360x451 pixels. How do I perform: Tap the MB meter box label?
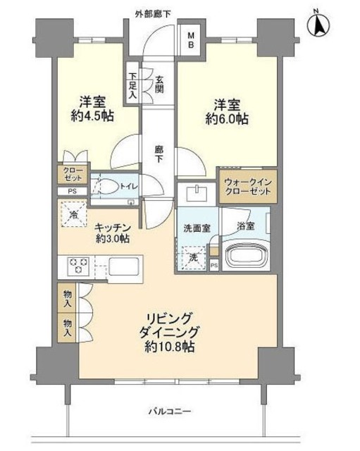[x=191, y=40]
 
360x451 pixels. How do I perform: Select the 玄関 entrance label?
[x=159, y=85]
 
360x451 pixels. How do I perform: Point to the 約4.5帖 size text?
[x=92, y=116]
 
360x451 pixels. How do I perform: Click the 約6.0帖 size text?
[x=227, y=118]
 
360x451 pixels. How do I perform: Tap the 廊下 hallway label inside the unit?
[x=159, y=154]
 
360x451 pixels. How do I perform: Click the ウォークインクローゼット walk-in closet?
[x=248, y=187]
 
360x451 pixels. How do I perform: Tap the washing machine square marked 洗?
[x=194, y=258]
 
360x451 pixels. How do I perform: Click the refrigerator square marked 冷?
[x=73, y=214]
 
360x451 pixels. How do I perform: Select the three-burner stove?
[x=77, y=265]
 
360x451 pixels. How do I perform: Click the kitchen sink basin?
[x=125, y=266]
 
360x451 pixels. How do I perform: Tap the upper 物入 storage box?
[x=67, y=297]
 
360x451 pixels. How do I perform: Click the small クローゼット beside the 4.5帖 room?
[x=73, y=174]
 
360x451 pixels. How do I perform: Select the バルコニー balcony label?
[x=170, y=412]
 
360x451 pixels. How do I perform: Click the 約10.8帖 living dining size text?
[x=170, y=347]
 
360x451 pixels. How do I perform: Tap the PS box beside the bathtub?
[x=214, y=266]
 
